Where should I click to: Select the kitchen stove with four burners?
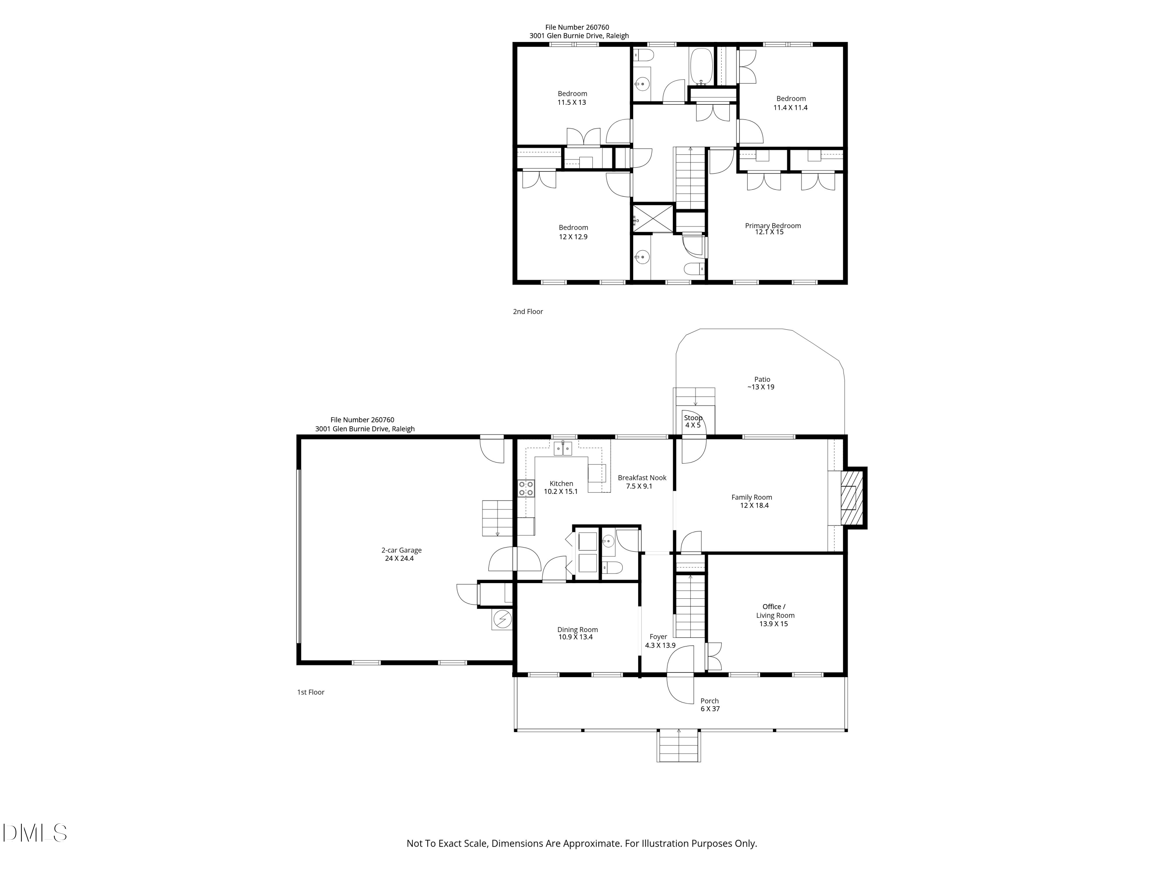pyautogui.click(x=526, y=488)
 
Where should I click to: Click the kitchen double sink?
pyautogui.click(x=563, y=449)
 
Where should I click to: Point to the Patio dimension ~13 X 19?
pyautogui.click(x=761, y=387)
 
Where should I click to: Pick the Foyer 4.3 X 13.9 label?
pyautogui.click(x=659, y=641)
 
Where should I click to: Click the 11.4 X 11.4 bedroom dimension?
pyautogui.click(x=790, y=108)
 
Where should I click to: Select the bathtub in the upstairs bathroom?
pyautogui.click(x=701, y=67)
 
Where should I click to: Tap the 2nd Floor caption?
pyautogui.click(x=528, y=312)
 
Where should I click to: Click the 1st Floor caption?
pyautogui.click(x=310, y=692)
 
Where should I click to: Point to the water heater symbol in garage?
pyautogui.click(x=502, y=619)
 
